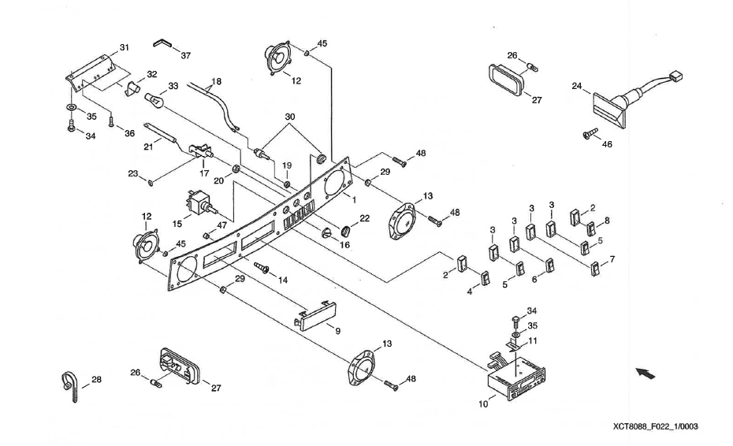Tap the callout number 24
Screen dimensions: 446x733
[x=577, y=87]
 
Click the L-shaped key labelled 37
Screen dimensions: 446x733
[x=163, y=43]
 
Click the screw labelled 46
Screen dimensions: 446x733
[x=588, y=135]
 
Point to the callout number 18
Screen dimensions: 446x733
[x=217, y=81]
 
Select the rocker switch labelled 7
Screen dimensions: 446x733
[x=596, y=268]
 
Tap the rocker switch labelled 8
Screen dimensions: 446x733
[x=591, y=229]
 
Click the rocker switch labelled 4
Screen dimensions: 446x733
[x=487, y=277]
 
